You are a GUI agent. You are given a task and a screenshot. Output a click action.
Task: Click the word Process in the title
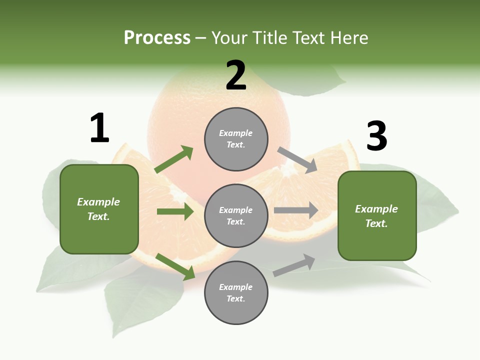[157, 38]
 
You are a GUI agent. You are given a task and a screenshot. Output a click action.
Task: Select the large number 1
[99, 128]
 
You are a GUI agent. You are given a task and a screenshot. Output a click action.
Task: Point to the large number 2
[236, 75]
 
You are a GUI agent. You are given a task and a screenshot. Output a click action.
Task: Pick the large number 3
[376, 136]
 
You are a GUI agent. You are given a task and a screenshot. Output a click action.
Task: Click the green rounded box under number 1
[99, 209]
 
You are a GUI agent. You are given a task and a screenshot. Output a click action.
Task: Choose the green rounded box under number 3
[377, 216]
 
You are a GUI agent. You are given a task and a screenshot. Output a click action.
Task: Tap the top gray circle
[236, 139]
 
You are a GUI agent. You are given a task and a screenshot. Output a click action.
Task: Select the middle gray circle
[236, 215]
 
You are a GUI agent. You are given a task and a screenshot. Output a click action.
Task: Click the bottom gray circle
[236, 292]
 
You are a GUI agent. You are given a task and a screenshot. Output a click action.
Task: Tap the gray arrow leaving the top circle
[297, 159]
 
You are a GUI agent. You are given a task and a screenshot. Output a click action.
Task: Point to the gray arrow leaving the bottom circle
[294, 265]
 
